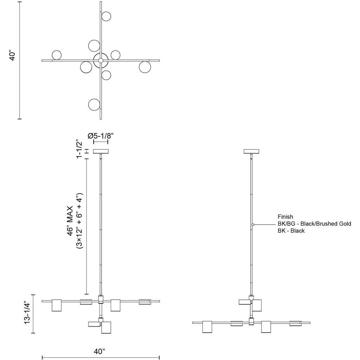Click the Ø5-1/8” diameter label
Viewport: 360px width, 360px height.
coord(101,136)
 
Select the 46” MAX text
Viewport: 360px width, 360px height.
coord(70,221)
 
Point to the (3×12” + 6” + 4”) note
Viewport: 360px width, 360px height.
coord(79,221)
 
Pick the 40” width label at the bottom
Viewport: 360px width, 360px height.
coord(99,351)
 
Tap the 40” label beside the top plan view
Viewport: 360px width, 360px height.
coord(12,56)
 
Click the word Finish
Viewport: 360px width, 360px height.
coord(285,217)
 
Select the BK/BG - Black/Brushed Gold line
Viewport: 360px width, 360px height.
coord(314,224)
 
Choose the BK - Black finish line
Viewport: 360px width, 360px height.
coord(291,231)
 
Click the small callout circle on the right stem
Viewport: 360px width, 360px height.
coord(252,225)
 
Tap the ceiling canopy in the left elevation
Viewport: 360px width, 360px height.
coord(101,151)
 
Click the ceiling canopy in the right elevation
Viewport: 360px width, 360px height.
coord(251,151)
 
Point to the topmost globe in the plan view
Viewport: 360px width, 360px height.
coord(106,16)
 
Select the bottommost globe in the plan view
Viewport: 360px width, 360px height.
coord(94,105)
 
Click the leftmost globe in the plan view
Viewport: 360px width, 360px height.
coord(57,55)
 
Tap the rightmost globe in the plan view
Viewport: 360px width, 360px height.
coord(145,67)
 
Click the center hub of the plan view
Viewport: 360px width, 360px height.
coord(101,60)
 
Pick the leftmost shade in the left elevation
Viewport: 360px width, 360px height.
coord(57,306)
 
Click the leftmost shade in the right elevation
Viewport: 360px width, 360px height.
coord(207,327)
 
